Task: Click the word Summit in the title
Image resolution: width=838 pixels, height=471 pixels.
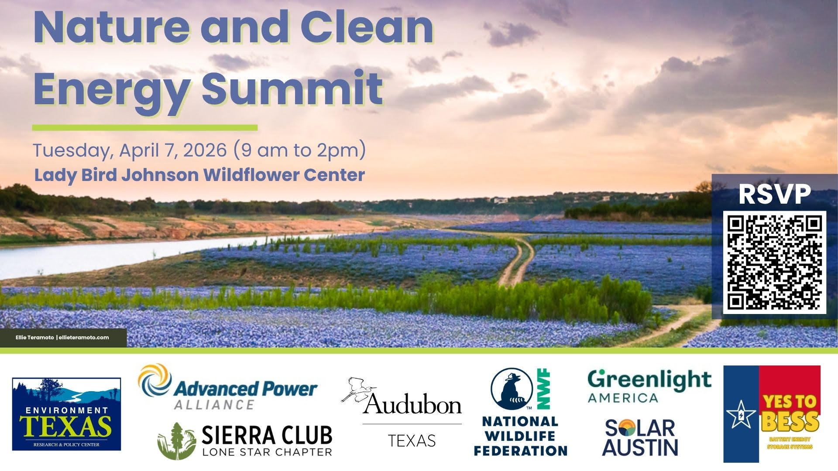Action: [292, 89]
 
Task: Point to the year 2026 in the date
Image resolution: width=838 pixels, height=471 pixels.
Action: [205, 150]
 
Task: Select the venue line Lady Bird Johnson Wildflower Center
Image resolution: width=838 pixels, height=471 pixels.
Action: [199, 175]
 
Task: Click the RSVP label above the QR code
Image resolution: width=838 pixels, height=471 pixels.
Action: [775, 195]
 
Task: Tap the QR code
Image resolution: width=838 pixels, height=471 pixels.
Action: [775, 262]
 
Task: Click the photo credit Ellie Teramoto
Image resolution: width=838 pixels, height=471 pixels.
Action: [35, 337]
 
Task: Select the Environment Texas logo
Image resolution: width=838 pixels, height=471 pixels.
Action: [66, 414]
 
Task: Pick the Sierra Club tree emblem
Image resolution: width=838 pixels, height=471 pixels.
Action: [176, 441]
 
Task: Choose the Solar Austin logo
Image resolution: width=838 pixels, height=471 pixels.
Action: [640, 437]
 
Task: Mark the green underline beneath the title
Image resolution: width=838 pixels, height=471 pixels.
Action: [145, 128]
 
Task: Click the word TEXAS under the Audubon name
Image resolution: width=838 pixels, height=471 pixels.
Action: [412, 441]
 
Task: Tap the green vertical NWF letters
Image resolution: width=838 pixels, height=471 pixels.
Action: [544, 389]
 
